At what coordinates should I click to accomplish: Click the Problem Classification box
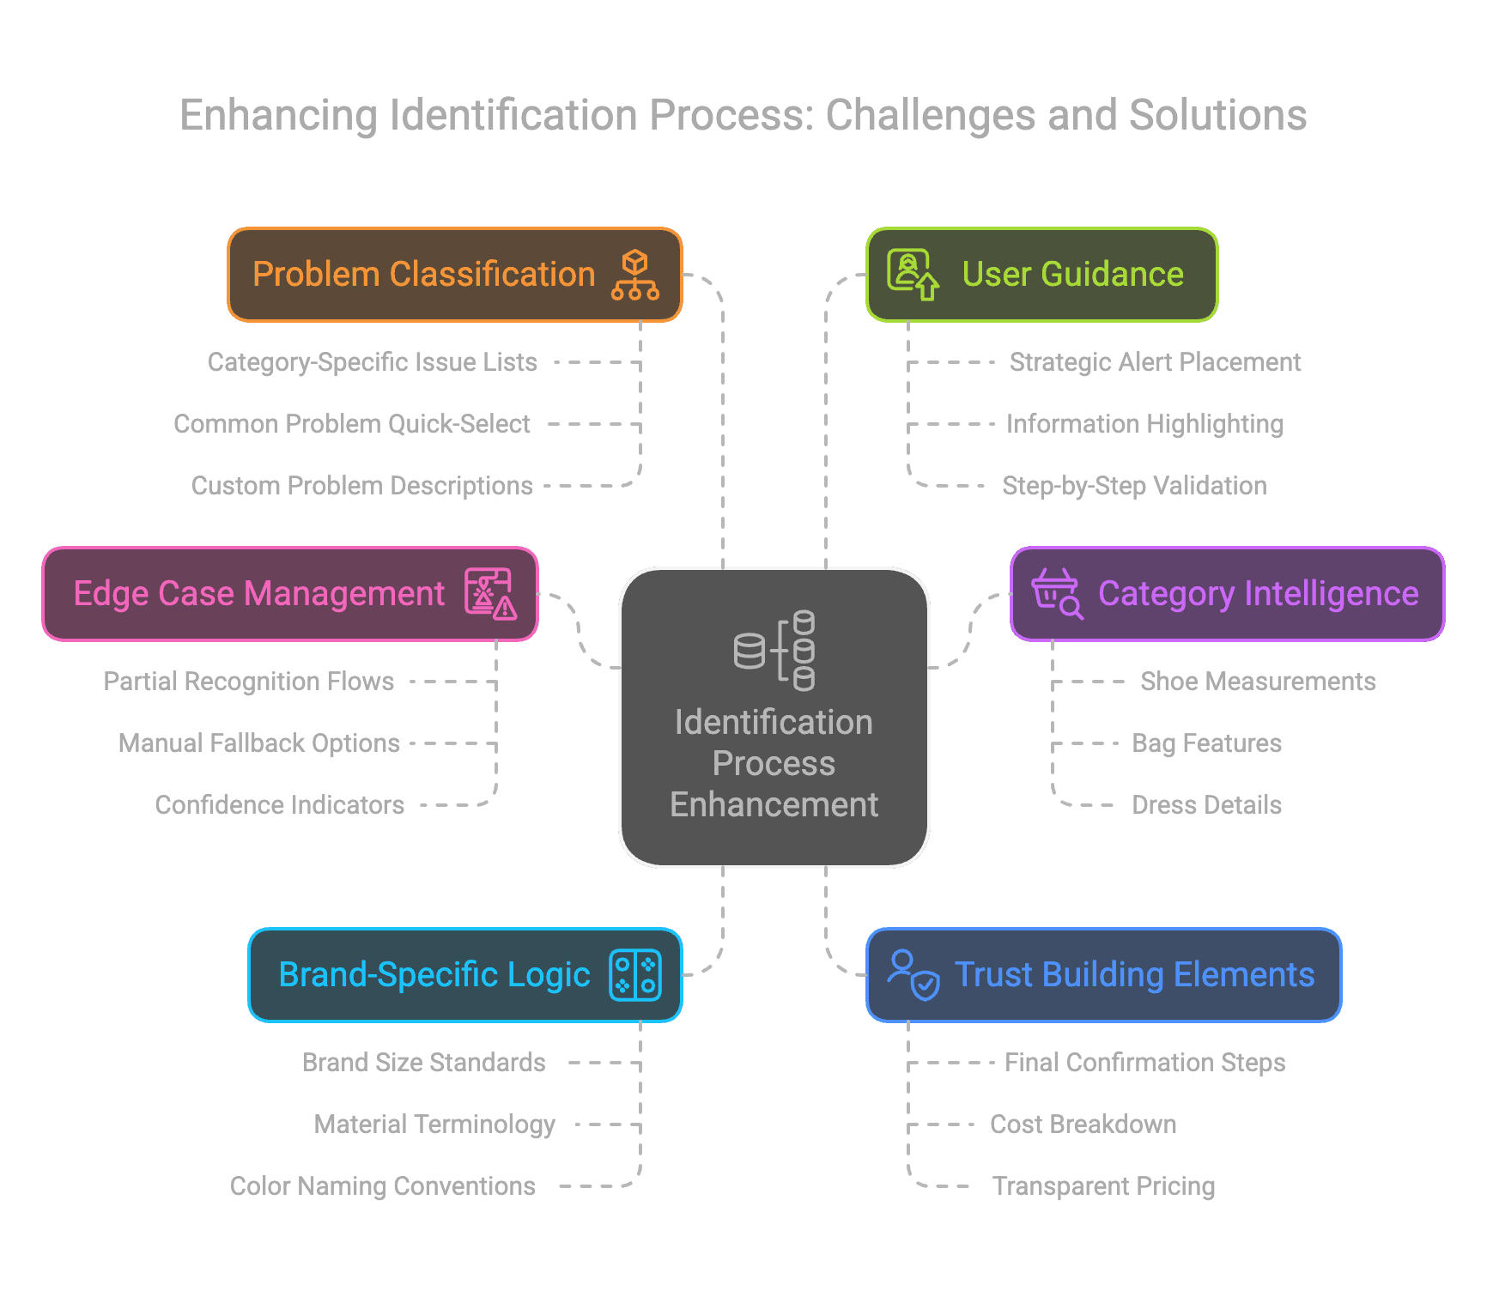pyautogui.click(x=455, y=275)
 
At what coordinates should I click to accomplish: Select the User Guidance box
pyautogui.click(x=1042, y=275)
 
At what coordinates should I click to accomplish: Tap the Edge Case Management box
pyautogui.click(x=290, y=594)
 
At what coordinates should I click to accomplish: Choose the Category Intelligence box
pyautogui.click(x=1228, y=594)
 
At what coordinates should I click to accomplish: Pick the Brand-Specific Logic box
pyautogui.click(x=465, y=975)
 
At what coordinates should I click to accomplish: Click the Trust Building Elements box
pyautogui.click(x=1104, y=975)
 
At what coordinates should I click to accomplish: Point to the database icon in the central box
pyautogui.click(x=774, y=651)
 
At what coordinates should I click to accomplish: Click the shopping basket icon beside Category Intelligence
pyautogui.click(x=1058, y=594)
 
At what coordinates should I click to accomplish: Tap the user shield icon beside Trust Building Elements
pyautogui.click(x=913, y=975)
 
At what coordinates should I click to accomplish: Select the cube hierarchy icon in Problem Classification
pyautogui.click(x=635, y=275)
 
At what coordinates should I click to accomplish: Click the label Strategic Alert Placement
pyautogui.click(x=1155, y=362)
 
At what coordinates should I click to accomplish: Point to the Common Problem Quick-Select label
pyautogui.click(x=352, y=424)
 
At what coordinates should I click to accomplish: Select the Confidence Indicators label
pyautogui.click(x=280, y=805)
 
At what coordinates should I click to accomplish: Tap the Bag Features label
pyautogui.click(x=1206, y=743)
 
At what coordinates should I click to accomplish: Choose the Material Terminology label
pyautogui.click(x=434, y=1124)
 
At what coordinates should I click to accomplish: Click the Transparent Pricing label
pyautogui.click(x=1103, y=1186)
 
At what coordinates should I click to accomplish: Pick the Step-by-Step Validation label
pyautogui.click(x=1134, y=486)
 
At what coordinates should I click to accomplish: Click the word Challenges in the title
pyautogui.click(x=931, y=116)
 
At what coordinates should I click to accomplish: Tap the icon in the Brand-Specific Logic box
pyautogui.click(x=635, y=975)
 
